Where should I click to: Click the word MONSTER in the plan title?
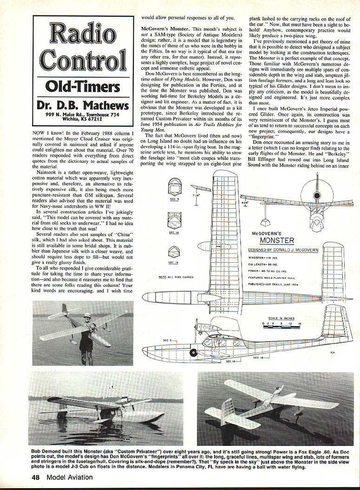(277, 240)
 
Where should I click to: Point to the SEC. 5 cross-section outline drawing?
(174, 189)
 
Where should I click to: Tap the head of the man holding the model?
(86, 318)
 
